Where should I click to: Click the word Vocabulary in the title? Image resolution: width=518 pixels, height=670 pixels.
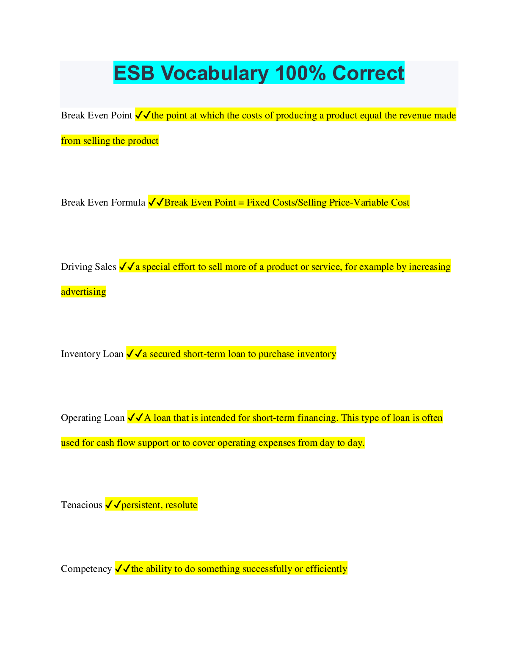(x=215, y=73)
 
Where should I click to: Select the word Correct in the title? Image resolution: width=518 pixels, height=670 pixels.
(x=368, y=73)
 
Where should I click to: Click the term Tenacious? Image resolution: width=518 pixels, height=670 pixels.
(x=81, y=505)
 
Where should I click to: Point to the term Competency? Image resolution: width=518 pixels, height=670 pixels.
(x=86, y=568)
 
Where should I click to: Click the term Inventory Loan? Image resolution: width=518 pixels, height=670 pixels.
(x=92, y=354)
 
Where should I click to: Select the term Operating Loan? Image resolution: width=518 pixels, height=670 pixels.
(x=93, y=418)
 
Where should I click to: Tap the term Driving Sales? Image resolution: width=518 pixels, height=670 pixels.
(x=88, y=266)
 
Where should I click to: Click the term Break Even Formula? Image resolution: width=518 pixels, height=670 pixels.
(x=103, y=202)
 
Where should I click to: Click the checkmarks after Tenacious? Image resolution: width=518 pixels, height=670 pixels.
(x=113, y=505)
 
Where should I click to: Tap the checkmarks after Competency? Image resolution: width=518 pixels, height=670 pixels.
(x=123, y=568)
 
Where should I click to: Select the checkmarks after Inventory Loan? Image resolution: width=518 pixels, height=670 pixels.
(x=134, y=354)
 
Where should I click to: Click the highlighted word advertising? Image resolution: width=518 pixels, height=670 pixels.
(x=83, y=292)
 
